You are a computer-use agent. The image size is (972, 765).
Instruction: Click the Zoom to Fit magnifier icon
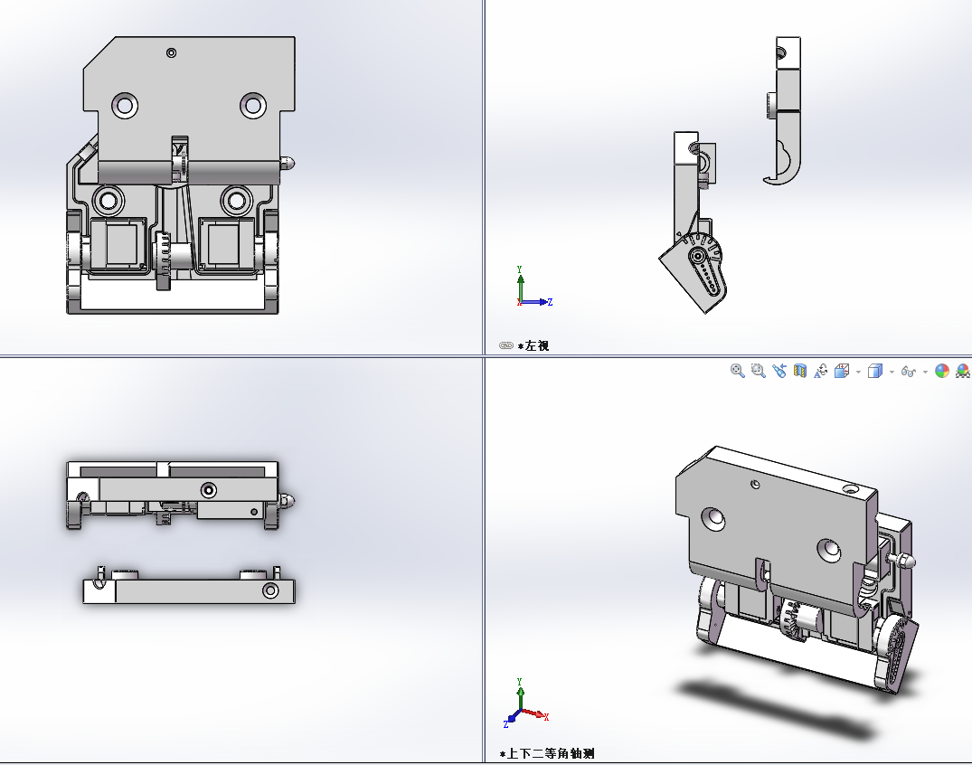click(738, 371)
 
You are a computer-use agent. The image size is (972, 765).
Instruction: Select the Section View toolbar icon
click(799, 371)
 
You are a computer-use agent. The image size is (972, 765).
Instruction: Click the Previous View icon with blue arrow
click(779, 371)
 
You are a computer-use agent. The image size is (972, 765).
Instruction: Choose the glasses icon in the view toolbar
click(910, 372)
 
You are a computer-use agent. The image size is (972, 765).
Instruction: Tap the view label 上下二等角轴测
click(551, 753)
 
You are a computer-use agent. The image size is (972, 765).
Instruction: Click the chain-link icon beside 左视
click(506, 345)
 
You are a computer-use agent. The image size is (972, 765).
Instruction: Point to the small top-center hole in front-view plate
click(172, 53)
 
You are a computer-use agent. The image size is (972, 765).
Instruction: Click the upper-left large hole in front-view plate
click(124, 105)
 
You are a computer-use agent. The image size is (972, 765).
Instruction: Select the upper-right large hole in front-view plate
click(253, 105)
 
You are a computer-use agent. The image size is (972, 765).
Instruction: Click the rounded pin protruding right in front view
click(287, 164)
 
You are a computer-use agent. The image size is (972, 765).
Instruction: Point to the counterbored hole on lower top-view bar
click(270, 590)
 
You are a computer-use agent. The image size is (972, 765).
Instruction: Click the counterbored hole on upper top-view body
click(209, 490)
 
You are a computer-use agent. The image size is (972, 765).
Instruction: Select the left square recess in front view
click(121, 243)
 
